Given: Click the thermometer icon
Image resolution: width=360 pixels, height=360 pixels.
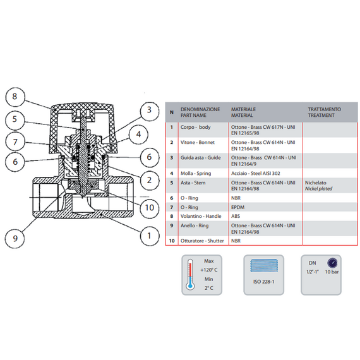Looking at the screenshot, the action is [190, 274].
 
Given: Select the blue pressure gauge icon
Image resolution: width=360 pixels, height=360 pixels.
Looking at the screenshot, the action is [332, 263].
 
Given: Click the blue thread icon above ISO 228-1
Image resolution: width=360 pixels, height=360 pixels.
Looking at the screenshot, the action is [264, 266].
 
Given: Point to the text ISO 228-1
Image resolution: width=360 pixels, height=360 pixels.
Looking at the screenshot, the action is [264, 282].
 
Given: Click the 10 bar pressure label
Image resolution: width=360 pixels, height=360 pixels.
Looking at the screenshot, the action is [332, 272].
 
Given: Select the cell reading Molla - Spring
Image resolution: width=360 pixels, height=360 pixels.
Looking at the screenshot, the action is [196, 173].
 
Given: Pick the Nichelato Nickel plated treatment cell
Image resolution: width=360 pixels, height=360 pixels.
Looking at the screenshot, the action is [319, 186].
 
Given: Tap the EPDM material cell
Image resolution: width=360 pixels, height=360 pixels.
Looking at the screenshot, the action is [238, 207].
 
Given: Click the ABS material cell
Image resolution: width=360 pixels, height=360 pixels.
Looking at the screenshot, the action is [236, 216].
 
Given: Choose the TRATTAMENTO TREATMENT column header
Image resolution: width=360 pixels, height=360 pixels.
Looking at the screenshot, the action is [325, 112].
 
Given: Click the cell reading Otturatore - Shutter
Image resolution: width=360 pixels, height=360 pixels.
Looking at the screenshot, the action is [202, 241].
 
